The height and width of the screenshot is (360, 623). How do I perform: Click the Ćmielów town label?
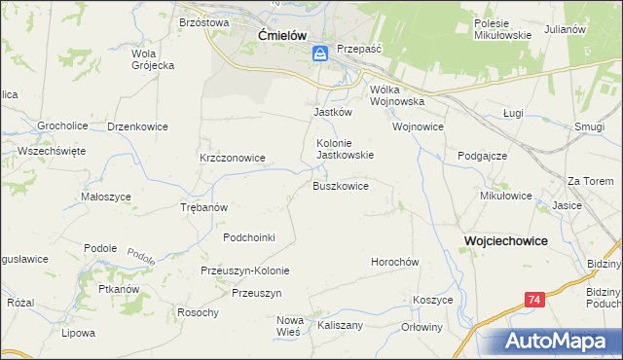[x=282, y=35]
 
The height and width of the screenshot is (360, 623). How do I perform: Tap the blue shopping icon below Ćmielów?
[x=320, y=57]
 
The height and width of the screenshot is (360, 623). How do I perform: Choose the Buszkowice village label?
[x=340, y=185]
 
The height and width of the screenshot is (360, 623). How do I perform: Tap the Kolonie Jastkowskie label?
[x=345, y=148]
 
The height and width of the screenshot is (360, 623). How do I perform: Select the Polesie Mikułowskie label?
[x=501, y=29]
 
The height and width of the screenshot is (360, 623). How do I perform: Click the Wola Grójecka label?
[x=152, y=59]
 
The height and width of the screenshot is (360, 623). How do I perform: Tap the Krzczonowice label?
[x=233, y=157]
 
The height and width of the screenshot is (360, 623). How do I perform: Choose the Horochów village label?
[x=394, y=262]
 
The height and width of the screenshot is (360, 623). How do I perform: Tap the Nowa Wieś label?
[x=291, y=326]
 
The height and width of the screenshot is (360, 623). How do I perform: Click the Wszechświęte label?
[x=52, y=151]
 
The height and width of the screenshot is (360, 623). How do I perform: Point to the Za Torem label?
[x=591, y=181]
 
